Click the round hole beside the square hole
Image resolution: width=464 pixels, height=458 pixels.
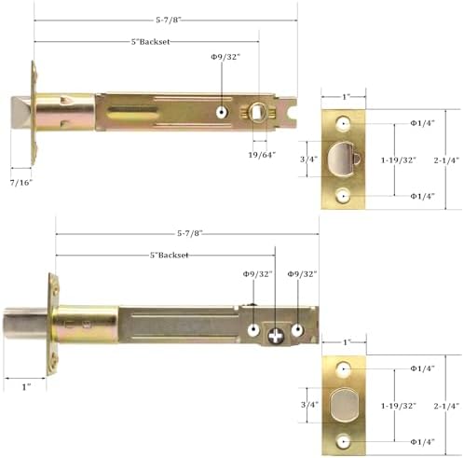(x=222, y=112)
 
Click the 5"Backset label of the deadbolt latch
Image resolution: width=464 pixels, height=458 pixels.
(x=169, y=255)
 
